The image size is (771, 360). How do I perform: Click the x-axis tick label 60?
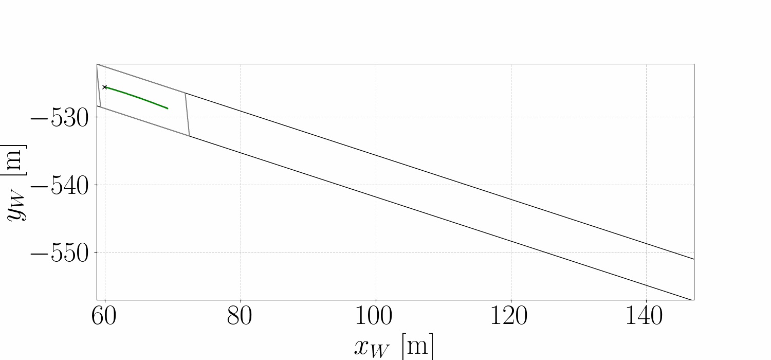[105, 317]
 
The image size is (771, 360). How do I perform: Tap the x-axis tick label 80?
[240, 317]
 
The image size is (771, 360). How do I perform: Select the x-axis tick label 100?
[375, 317]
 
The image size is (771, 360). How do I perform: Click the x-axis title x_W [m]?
[394, 346]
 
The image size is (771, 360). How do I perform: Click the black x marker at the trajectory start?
[105, 87]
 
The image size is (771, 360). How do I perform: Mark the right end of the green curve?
[168, 109]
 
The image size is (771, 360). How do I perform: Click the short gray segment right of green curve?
[187, 115]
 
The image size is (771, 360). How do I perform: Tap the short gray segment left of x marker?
[99, 86]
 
